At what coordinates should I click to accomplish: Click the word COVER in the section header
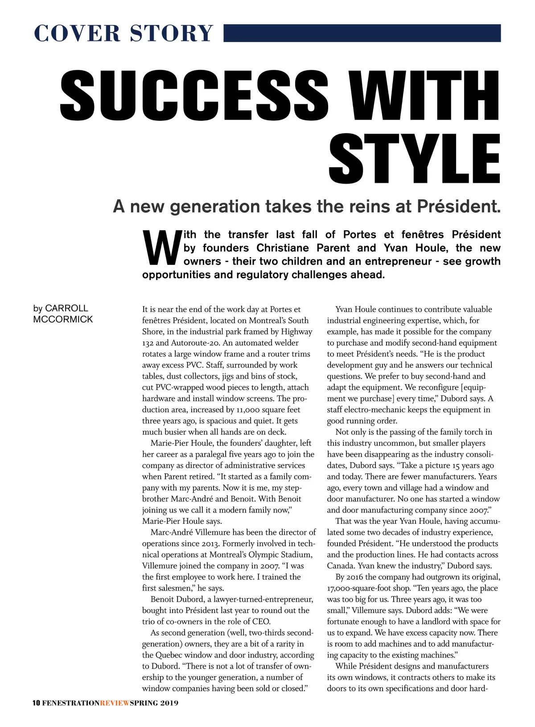(x=77, y=33)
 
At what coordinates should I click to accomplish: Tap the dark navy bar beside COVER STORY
(x=362, y=33)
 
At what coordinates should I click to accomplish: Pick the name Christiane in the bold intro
(x=283, y=248)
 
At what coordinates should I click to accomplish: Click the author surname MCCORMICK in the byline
(x=63, y=319)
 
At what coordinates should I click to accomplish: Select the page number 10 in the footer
(x=36, y=703)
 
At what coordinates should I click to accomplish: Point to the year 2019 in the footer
(x=169, y=703)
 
